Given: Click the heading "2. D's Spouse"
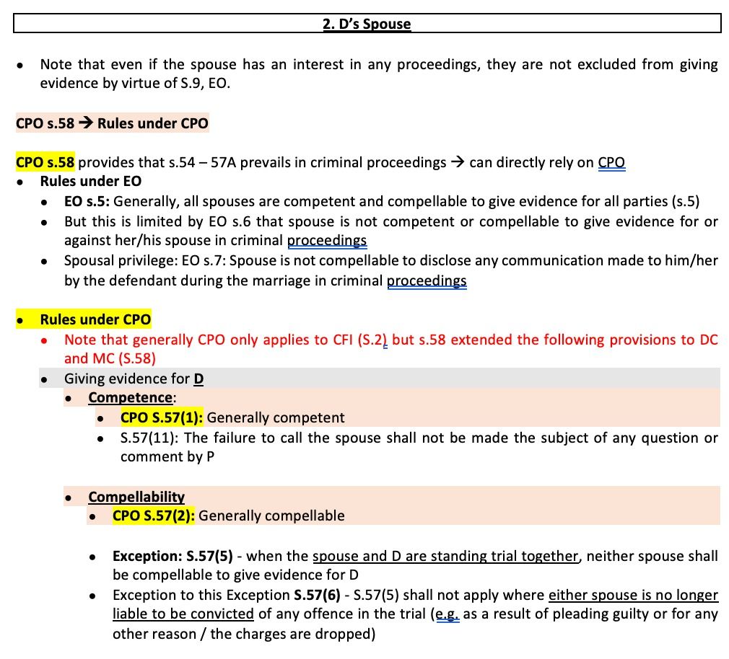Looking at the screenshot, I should pyautogui.click(x=367, y=24).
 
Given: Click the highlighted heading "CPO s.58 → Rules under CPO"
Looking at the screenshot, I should pyautogui.click(x=112, y=123).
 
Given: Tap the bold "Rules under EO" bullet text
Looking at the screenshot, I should pyautogui.click(x=90, y=181).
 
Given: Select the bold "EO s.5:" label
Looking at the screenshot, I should pyautogui.click(x=87, y=202).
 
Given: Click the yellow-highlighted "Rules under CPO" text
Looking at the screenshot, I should pyautogui.click(x=95, y=319).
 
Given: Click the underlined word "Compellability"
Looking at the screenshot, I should pyautogui.click(x=136, y=497).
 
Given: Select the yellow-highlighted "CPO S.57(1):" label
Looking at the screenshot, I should pyautogui.click(x=162, y=417).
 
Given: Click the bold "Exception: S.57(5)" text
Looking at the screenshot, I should pyautogui.click(x=168, y=556).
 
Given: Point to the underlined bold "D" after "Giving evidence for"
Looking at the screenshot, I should pyautogui.click(x=198, y=378).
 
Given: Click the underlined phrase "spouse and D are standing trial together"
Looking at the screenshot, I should pyautogui.click(x=445, y=556).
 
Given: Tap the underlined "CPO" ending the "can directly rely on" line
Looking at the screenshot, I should pyautogui.click(x=611, y=162).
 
